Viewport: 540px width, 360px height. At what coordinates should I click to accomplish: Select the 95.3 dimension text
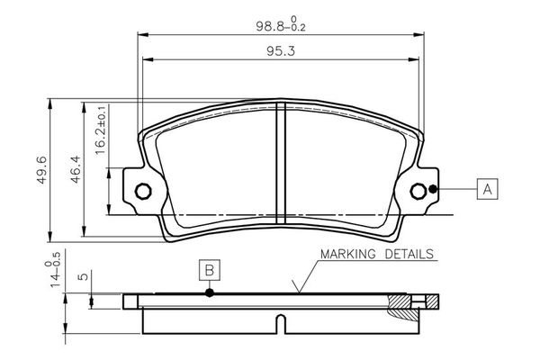pos(282,51)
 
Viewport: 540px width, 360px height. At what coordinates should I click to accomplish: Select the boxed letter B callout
pos(209,270)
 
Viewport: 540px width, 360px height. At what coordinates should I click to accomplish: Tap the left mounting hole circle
pos(141,191)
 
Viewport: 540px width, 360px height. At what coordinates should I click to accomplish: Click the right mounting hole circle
pos(418,191)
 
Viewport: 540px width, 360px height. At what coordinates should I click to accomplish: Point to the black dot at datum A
pos(434,189)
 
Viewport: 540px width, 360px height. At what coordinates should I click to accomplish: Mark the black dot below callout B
pos(209,292)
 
